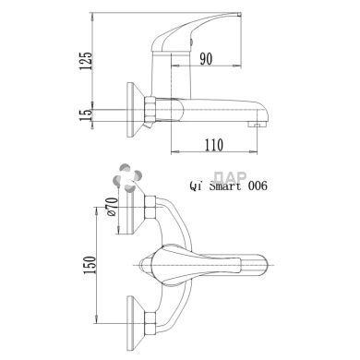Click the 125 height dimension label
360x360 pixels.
point(86,61)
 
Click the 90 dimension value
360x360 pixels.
point(206,59)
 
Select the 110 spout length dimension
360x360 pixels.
point(214,145)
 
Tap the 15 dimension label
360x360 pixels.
point(86,114)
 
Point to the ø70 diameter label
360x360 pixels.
point(113,207)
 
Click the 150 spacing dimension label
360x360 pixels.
point(90,265)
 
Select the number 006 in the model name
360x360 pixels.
point(258,186)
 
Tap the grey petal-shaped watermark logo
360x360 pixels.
point(127,177)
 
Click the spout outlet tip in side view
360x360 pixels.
point(257,125)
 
